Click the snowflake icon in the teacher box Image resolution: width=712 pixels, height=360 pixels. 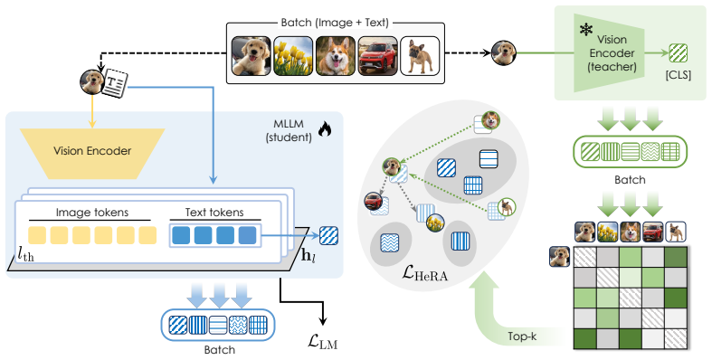point(586,31)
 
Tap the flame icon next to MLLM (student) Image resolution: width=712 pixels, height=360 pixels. point(325,129)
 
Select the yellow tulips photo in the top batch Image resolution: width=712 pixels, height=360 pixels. point(293,56)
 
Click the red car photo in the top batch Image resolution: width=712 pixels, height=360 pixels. point(378,56)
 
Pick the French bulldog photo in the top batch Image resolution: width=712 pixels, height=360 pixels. point(420,56)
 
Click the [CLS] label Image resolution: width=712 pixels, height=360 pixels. point(679,75)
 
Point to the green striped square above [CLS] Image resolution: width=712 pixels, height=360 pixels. point(679,53)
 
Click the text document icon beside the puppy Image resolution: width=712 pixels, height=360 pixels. point(114,83)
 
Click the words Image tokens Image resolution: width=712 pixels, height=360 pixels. point(92,212)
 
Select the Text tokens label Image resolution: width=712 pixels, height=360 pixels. point(214,212)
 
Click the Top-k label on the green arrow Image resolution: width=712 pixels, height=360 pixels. point(522,336)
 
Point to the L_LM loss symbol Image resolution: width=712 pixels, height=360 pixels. point(323,342)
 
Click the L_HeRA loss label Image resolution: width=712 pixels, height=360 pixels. point(425,273)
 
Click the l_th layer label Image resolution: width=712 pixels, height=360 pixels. point(26,255)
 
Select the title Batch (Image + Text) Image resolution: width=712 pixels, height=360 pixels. point(335,23)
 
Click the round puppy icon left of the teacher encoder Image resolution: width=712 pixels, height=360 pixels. point(504,52)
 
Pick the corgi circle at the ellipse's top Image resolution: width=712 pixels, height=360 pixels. point(491,120)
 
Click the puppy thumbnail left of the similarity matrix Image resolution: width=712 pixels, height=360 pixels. point(559,257)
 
